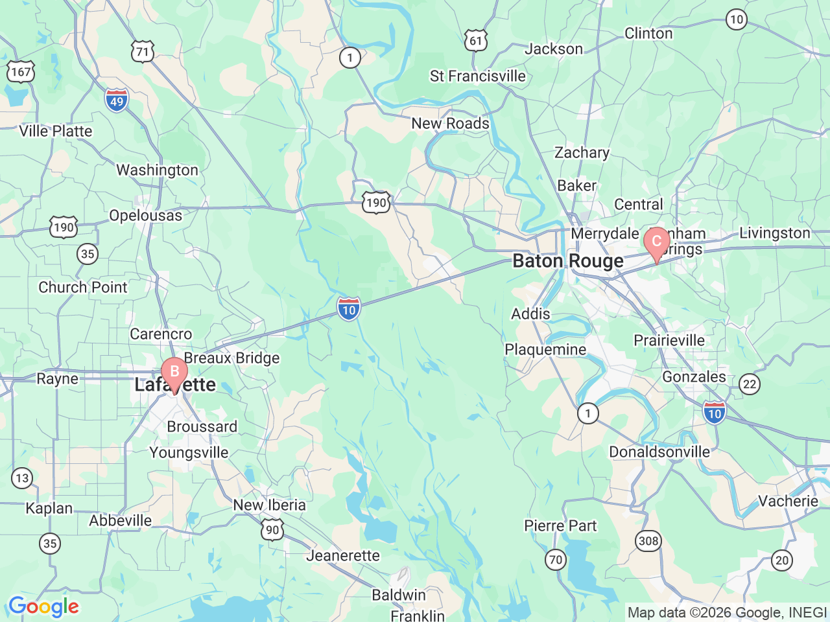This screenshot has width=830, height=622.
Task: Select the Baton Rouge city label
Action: point(568,261)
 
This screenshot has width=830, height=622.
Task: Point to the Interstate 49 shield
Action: point(117,100)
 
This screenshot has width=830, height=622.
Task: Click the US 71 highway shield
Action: point(143,52)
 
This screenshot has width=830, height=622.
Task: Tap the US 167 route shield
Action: point(20,71)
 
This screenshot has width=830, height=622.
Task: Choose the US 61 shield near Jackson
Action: point(476,41)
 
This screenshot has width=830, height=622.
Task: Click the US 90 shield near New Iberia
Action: point(273,529)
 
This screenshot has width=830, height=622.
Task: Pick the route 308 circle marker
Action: point(648,541)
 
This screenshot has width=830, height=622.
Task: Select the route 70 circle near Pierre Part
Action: point(556,559)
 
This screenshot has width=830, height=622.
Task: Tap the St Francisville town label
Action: point(478,76)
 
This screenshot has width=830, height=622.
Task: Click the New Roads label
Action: point(451,123)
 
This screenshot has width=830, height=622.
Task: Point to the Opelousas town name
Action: point(146,215)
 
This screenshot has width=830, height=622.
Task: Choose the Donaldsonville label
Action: point(659,452)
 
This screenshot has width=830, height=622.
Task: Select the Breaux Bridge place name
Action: point(232,358)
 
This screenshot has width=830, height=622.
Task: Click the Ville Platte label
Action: point(56,131)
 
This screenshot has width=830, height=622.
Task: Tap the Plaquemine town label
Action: point(545,350)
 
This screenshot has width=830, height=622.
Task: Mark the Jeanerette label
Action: point(343,555)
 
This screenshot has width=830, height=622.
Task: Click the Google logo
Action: point(43,607)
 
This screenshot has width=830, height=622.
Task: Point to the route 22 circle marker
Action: point(750,384)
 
